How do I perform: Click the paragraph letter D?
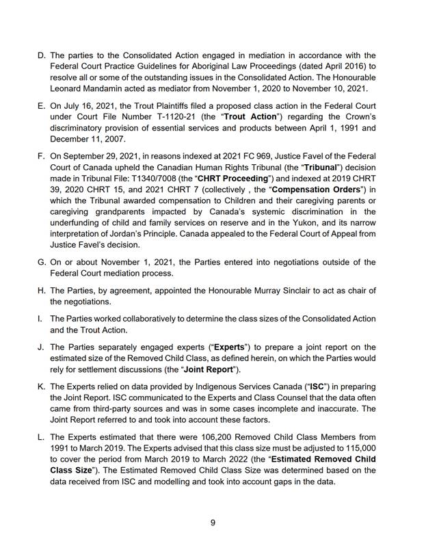[41, 55]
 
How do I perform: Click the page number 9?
[213, 523]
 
